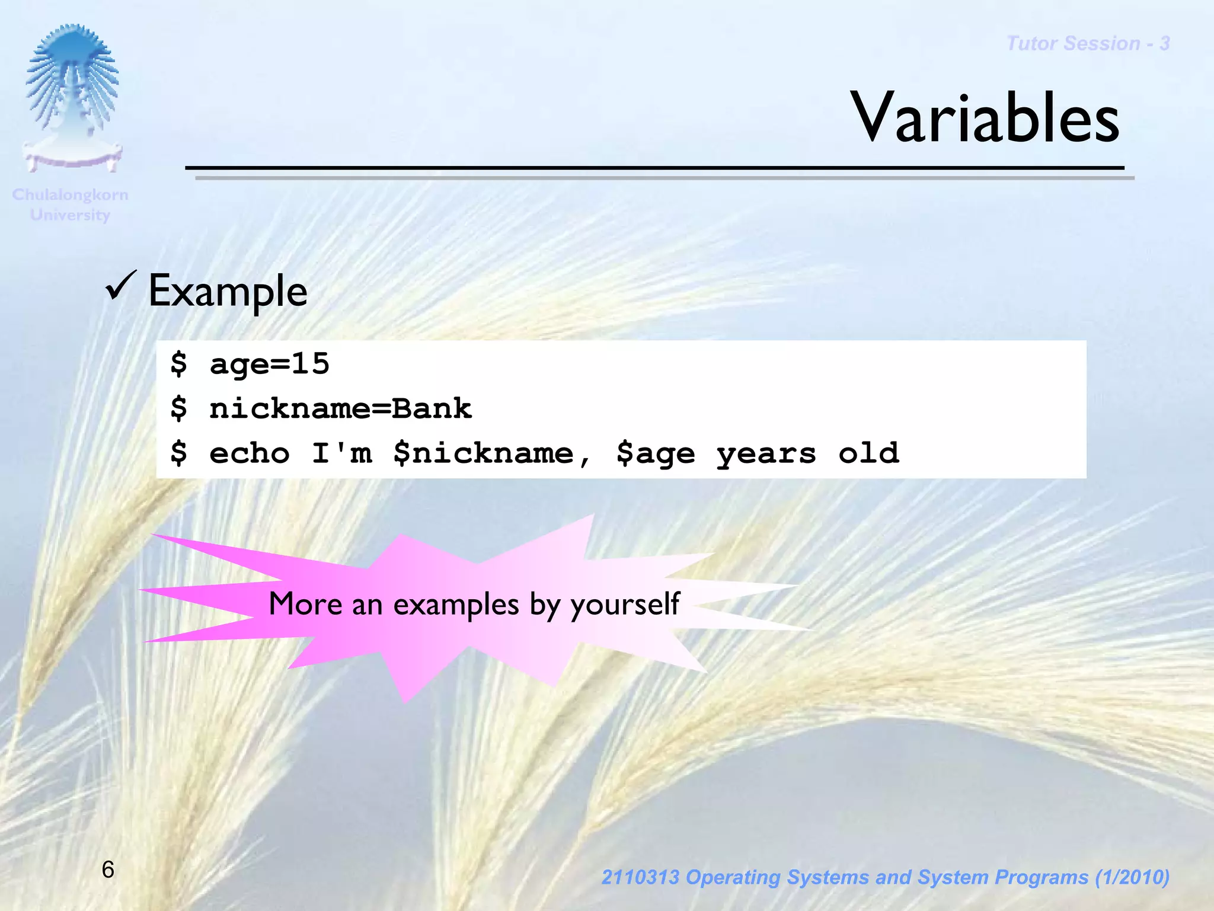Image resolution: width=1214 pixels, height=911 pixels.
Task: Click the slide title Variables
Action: (985, 118)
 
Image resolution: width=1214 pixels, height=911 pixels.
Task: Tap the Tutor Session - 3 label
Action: (1088, 44)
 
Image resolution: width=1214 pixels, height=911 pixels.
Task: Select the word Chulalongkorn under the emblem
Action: (70, 195)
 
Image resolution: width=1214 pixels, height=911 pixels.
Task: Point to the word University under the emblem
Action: (70, 215)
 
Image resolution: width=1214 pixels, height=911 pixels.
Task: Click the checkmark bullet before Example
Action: (121, 285)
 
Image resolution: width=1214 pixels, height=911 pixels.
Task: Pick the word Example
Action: (228, 292)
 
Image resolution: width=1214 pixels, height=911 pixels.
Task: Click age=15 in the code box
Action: (269, 364)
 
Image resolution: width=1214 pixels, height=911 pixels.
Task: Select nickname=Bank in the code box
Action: (340, 409)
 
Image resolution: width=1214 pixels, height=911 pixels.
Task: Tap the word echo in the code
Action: (250, 454)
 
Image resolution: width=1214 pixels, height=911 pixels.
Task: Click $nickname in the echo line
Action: (483, 454)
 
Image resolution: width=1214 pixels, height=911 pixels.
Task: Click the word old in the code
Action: (868, 453)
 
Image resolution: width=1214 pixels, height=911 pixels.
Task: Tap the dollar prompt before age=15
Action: (178, 363)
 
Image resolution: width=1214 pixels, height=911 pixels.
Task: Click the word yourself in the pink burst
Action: (625, 605)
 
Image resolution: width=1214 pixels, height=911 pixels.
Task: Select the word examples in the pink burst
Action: (456, 605)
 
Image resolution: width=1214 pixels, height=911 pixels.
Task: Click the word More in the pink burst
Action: (305, 604)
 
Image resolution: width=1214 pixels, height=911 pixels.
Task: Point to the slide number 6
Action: (108, 870)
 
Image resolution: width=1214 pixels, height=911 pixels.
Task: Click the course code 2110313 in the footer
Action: (640, 877)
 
